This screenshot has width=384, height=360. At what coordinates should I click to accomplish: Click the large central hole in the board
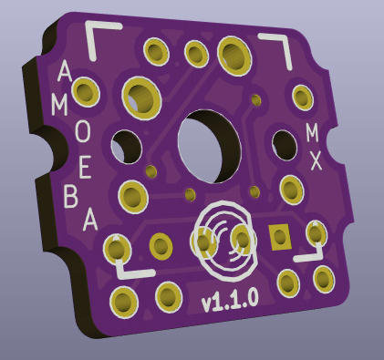(x=209, y=147)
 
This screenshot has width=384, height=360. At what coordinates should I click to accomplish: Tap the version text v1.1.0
(x=230, y=300)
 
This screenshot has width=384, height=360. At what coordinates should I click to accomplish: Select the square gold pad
(x=279, y=237)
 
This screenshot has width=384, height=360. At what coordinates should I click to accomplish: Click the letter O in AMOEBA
(x=83, y=132)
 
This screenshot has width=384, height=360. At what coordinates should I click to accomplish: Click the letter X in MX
(x=316, y=160)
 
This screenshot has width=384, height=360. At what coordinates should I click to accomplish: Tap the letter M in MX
(x=312, y=133)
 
